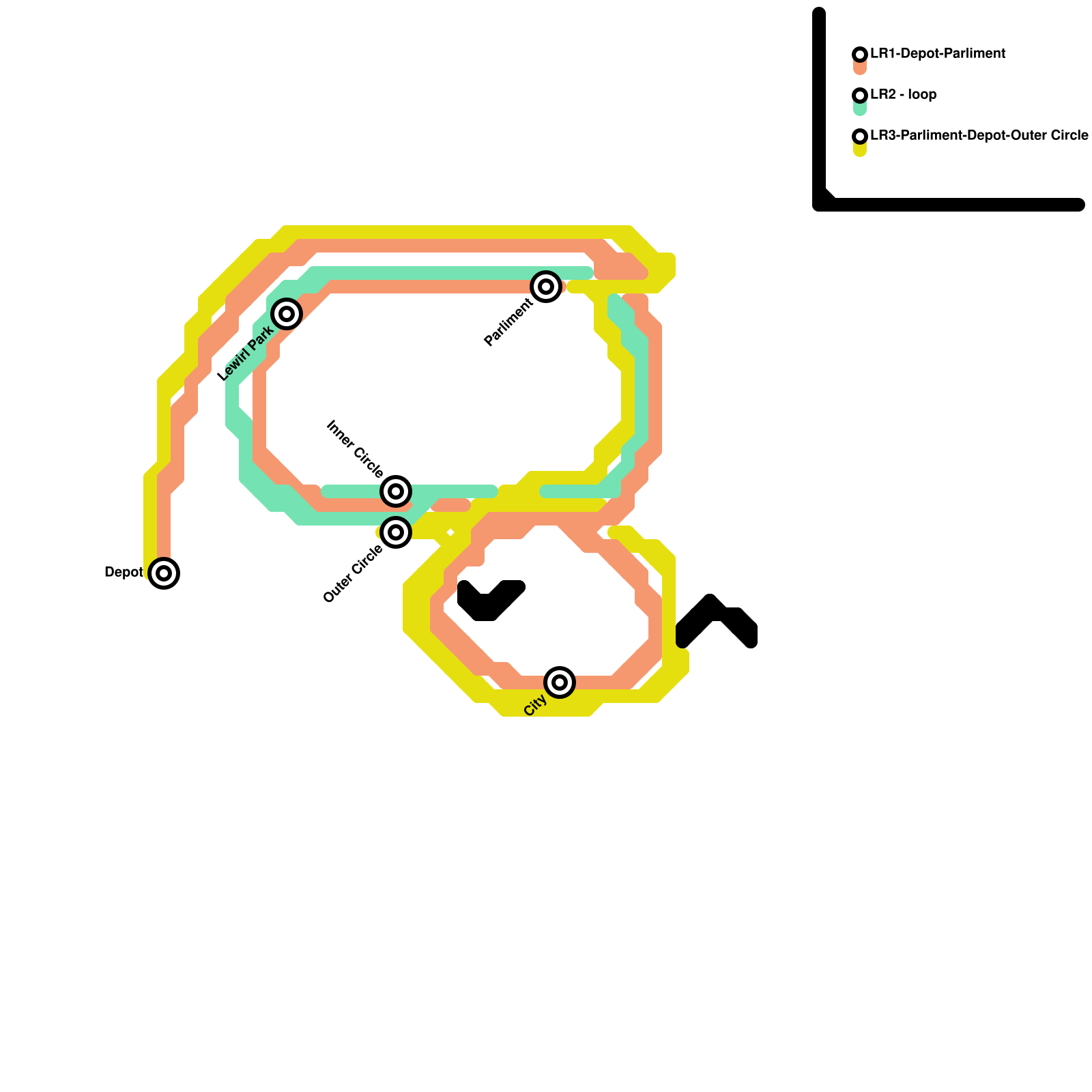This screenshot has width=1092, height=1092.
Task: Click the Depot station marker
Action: pyautogui.click(x=164, y=573)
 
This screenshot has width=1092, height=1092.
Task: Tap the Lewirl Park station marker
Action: pyautogui.click(x=287, y=313)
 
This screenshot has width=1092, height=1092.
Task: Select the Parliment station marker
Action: pyautogui.click(x=546, y=286)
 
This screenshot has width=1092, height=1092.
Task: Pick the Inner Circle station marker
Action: pyautogui.click(x=396, y=491)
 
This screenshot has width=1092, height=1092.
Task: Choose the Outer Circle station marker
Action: pyautogui.click(x=396, y=532)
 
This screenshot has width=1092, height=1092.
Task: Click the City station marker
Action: pyautogui.click(x=560, y=682)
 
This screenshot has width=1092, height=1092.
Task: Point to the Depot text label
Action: pyautogui.click(x=124, y=572)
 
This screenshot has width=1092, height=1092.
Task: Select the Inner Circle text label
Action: pyautogui.click(x=355, y=448)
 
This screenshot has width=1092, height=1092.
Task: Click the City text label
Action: pyautogui.click(x=535, y=705)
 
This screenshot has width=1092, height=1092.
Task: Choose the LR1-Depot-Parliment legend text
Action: pyautogui.click(x=938, y=53)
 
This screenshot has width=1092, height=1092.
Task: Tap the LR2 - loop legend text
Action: pyautogui.click(x=903, y=94)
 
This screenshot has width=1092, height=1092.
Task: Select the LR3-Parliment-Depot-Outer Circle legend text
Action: pyautogui.click(x=979, y=135)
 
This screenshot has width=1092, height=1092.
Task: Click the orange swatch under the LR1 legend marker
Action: pyautogui.click(x=860, y=68)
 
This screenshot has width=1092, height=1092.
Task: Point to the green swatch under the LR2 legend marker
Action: pyautogui.click(x=860, y=109)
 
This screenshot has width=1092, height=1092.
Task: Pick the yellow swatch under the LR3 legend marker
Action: pyautogui.click(x=860, y=149)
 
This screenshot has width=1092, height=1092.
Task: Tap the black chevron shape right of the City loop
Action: pyautogui.click(x=717, y=621)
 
